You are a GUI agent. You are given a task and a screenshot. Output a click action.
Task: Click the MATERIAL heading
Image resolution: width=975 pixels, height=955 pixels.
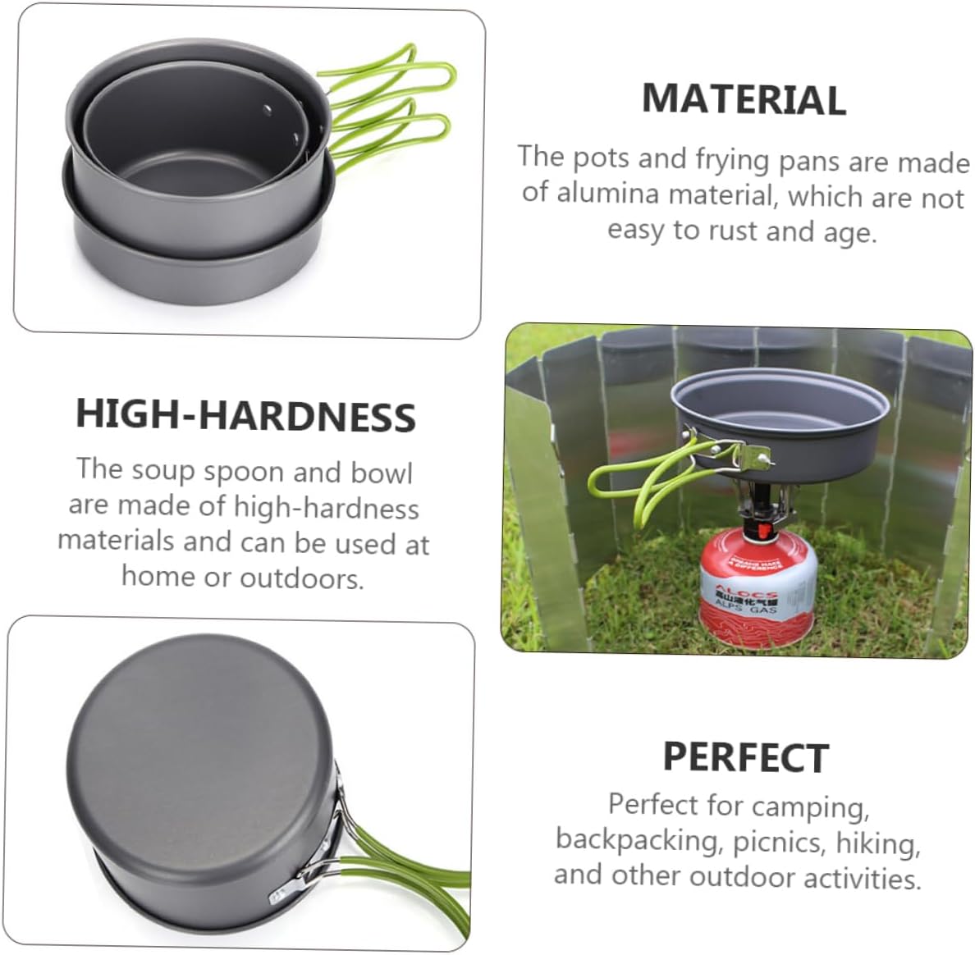point(744,99)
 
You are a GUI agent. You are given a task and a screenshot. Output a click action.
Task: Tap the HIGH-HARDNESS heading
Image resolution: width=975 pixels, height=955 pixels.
point(245,415)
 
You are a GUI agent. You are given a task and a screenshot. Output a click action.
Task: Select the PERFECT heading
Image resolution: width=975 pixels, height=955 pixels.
point(745,757)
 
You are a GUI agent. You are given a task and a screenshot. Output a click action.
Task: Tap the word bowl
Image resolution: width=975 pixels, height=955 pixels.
point(382,473)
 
